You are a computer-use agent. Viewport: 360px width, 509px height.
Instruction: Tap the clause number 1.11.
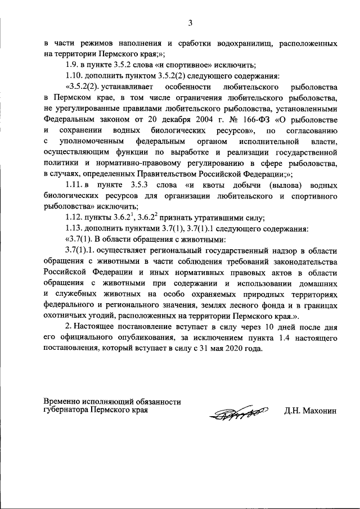pos(74,186)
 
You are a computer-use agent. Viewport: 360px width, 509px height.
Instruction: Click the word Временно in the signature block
pos(64,402)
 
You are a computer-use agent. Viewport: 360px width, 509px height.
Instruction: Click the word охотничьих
pos(66,316)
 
